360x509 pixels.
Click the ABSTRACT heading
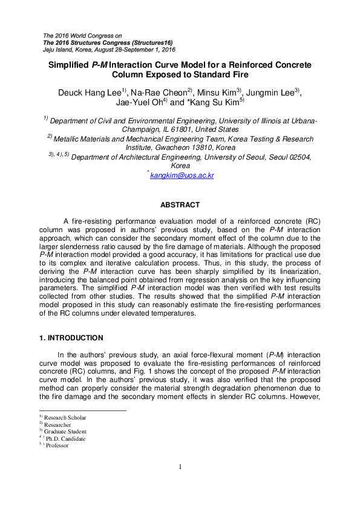[180, 206]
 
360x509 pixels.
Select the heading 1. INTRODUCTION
[71, 338]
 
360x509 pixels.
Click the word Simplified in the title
[69, 64]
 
